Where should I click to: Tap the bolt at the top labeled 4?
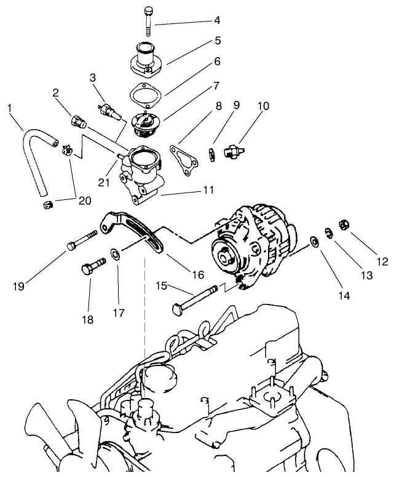click(149, 21)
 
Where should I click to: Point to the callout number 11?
click(208, 190)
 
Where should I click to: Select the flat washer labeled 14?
click(314, 241)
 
